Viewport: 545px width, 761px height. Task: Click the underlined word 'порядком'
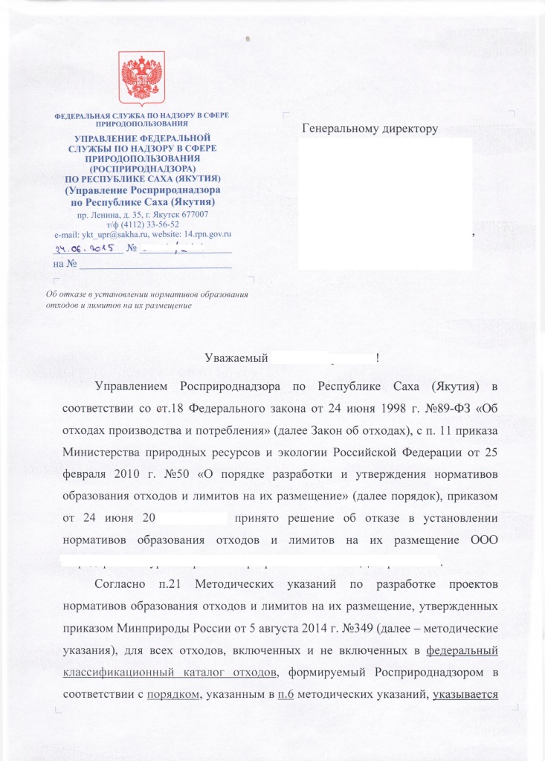[x=173, y=692]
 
